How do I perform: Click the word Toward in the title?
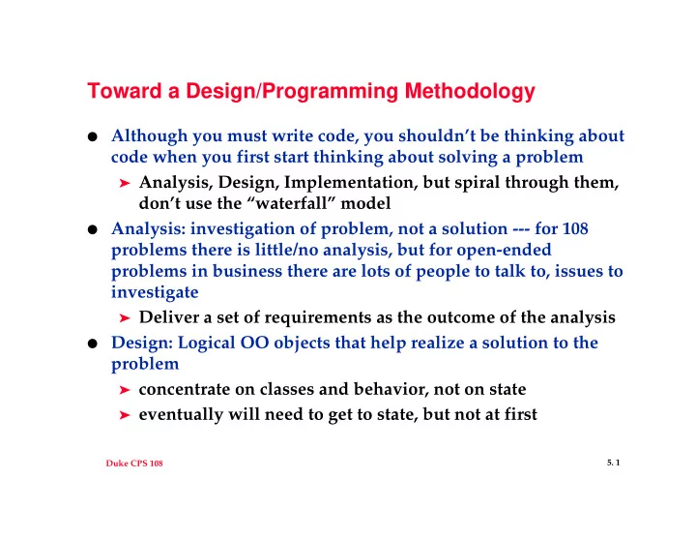[x=125, y=91]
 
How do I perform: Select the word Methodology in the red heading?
[x=470, y=92]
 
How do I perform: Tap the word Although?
[x=149, y=136]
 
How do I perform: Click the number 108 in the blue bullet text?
[x=574, y=228]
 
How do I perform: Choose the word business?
[x=247, y=271]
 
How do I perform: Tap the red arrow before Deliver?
[x=125, y=318]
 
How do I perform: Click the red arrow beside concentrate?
[x=125, y=390]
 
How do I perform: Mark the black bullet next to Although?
[x=93, y=136]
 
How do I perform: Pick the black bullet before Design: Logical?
[x=93, y=344]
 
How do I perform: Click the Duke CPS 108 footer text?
[x=134, y=463]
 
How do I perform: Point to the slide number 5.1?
[x=614, y=463]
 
